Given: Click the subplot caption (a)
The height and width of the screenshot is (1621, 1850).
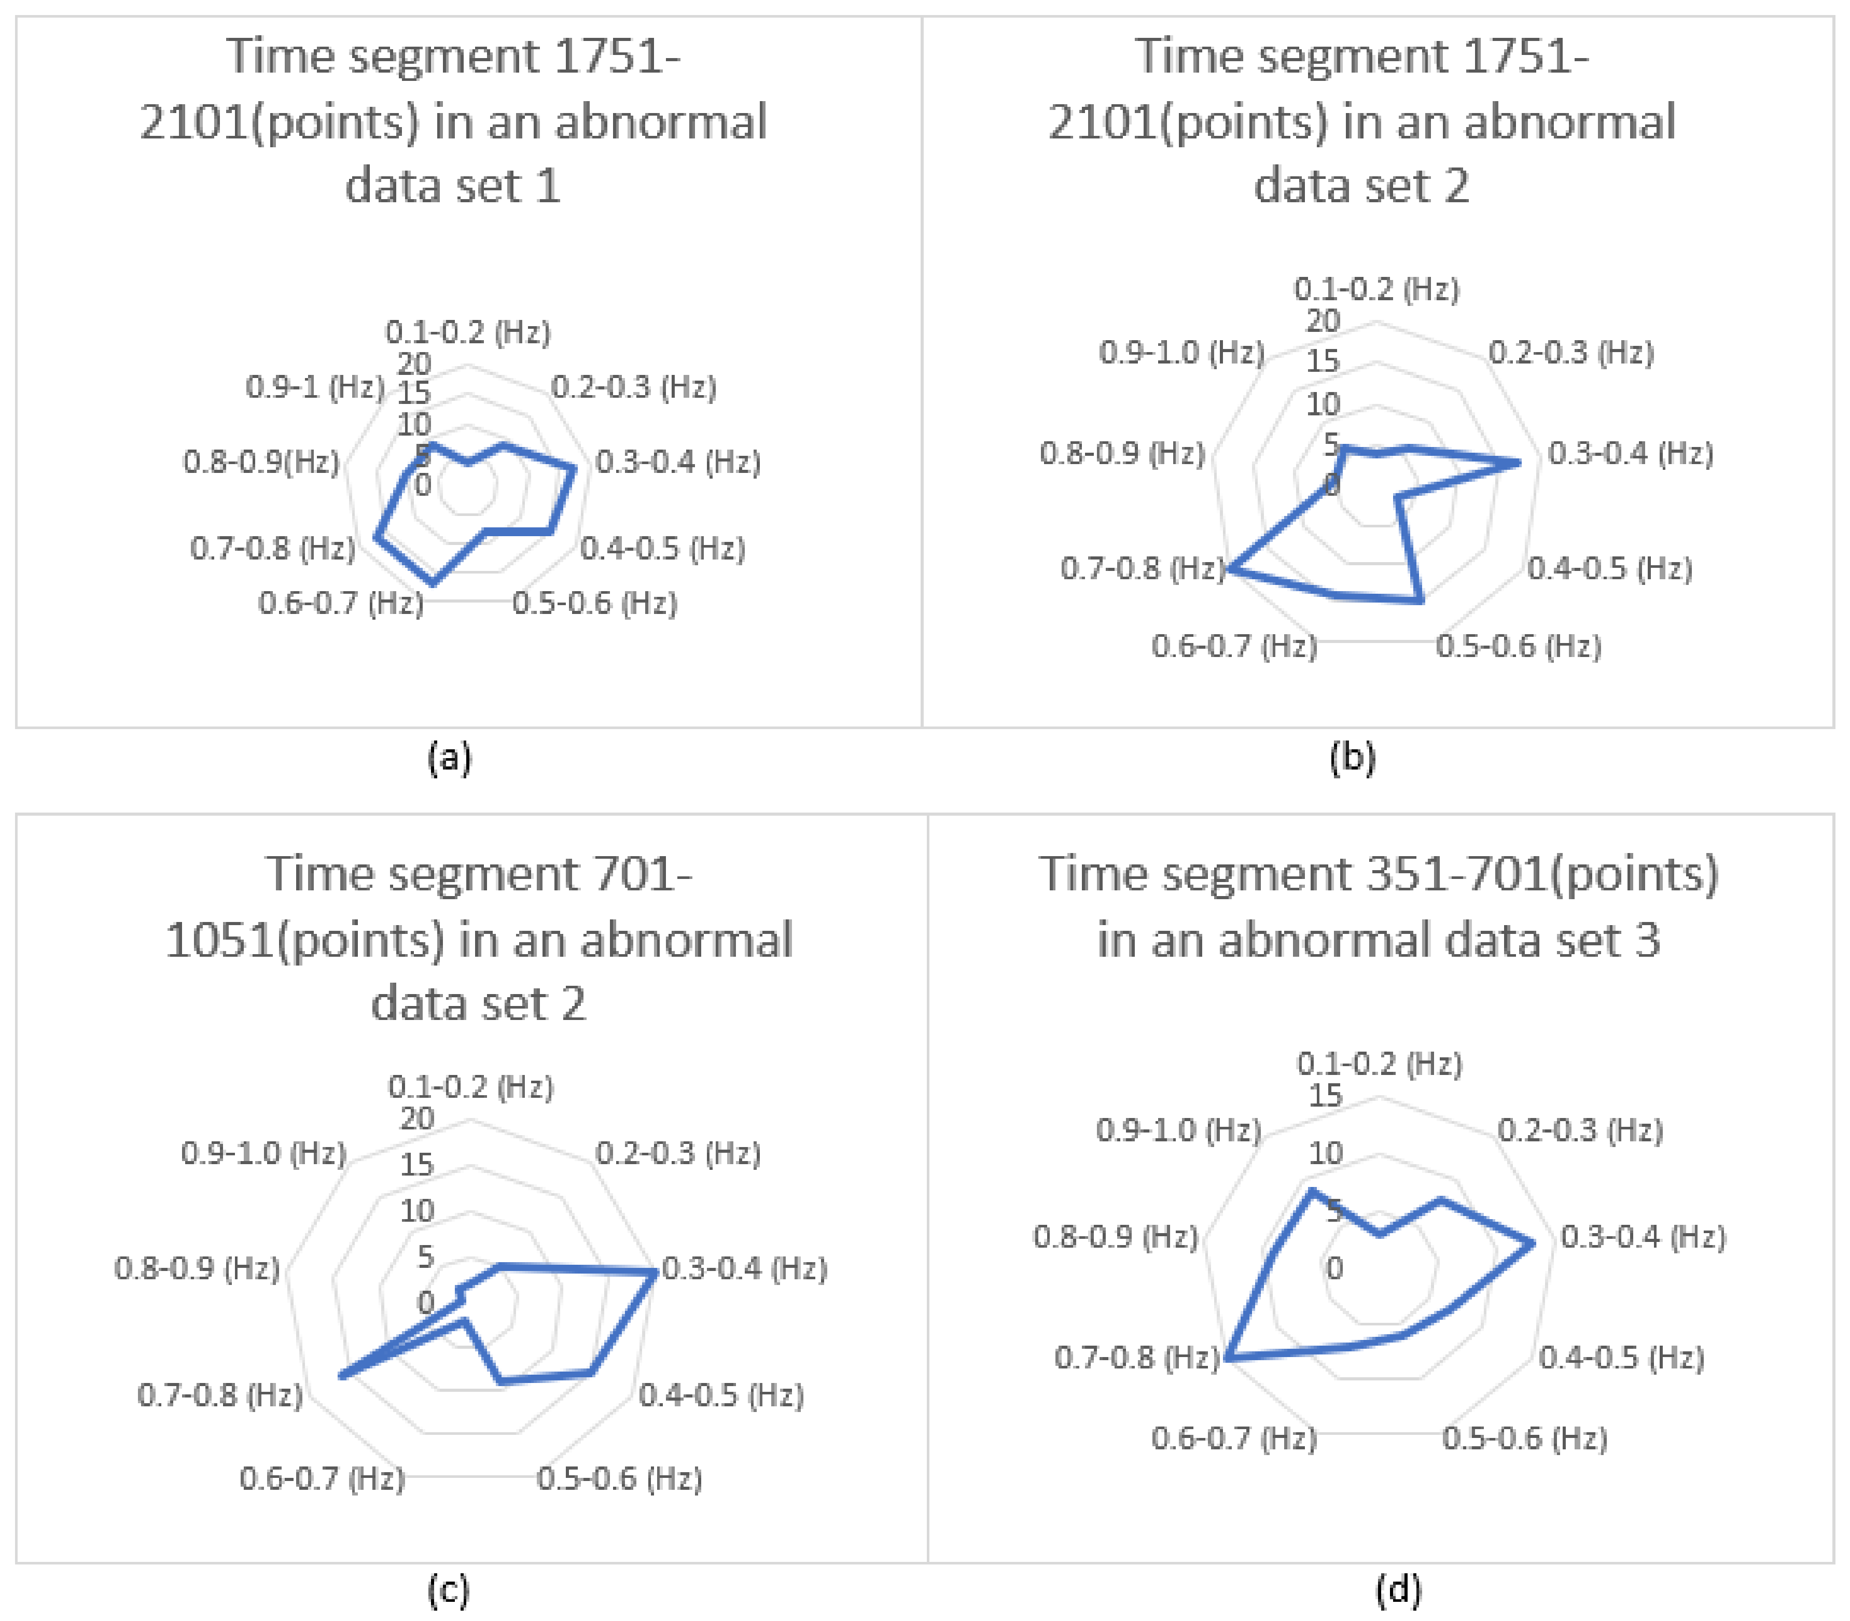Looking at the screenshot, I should [449, 757].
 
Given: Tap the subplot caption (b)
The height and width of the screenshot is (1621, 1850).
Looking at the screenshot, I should [1352, 757].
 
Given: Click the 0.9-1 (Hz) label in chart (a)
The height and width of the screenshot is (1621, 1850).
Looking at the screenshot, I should [315, 387].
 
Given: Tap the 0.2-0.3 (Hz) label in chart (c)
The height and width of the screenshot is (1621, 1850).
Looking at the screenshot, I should [677, 1153].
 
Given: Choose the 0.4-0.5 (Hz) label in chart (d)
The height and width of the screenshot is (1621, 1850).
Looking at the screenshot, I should [1622, 1357].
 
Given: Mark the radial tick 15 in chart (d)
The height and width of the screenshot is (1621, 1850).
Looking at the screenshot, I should [1325, 1095].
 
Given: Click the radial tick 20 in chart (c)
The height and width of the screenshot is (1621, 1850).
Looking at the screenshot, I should [417, 1119].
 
